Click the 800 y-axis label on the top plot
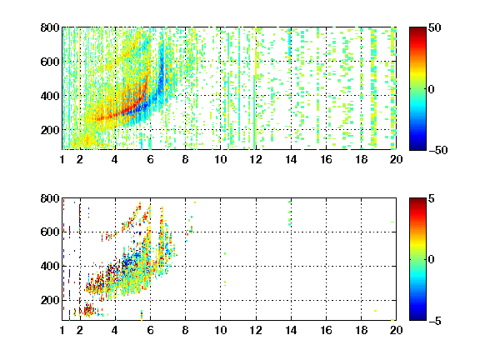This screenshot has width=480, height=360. (50, 27)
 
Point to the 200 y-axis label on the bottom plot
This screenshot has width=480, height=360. (50, 300)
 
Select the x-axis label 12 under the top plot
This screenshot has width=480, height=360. (256, 159)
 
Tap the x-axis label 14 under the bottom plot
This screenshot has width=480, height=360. (291, 330)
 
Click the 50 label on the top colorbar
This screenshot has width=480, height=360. (434, 28)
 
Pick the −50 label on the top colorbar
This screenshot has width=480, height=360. (437, 150)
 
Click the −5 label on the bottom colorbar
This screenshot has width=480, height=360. (435, 321)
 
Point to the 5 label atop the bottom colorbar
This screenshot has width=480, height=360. (432, 199)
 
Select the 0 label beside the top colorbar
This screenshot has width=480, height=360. (432, 89)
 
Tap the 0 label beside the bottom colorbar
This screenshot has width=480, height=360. (432, 260)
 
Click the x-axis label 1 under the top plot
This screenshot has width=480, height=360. (62, 159)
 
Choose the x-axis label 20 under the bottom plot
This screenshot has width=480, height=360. (396, 330)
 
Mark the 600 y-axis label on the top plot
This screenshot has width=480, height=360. (50, 62)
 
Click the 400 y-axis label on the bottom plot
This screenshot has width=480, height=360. (50, 266)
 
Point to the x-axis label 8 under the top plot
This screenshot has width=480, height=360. (185, 159)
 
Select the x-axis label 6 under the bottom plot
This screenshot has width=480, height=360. (150, 330)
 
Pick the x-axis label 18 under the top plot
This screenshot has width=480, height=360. (361, 159)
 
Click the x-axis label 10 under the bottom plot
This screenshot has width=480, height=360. (220, 330)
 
